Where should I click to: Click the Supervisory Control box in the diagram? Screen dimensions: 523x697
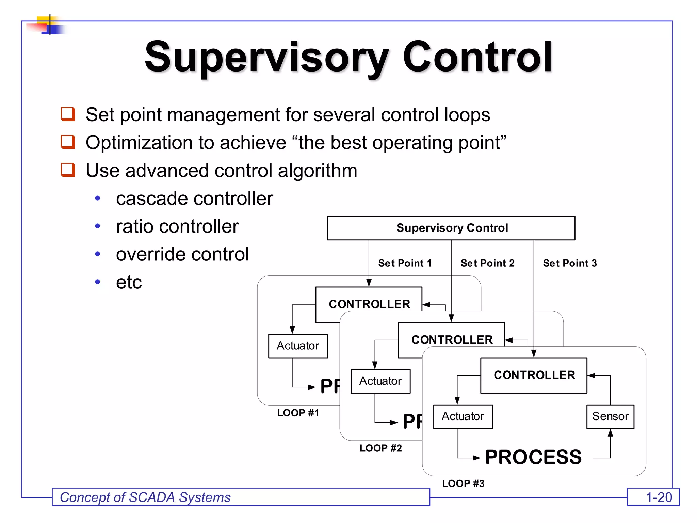click(451, 228)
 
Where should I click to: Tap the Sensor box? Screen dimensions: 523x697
click(610, 416)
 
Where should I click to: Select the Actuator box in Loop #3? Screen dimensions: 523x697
click(463, 416)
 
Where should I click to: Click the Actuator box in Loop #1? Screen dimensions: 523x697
click(298, 346)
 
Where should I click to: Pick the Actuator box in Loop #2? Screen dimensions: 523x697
click(380, 381)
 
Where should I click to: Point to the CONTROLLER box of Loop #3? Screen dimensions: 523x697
click(534, 375)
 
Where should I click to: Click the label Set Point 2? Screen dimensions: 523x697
click(487, 263)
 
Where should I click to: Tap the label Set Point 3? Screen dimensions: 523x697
click(570, 263)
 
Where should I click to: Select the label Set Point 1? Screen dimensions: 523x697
click(405, 263)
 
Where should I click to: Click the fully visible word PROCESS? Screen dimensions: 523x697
click(533, 457)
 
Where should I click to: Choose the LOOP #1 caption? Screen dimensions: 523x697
click(298, 413)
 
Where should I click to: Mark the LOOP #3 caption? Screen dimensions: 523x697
click(463, 483)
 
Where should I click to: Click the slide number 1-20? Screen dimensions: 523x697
click(659, 497)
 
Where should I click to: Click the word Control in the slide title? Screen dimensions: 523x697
click(477, 57)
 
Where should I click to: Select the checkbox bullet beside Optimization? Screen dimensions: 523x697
click(68, 142)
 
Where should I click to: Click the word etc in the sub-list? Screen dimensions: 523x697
click(129, 282)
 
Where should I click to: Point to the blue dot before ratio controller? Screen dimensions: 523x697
click(98, 226)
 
